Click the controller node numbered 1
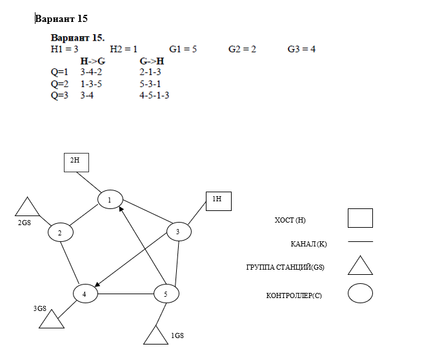tap(110, 200)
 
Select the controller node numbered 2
tap(60, 232)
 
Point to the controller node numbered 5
tap(166, 294)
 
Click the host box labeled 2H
tap(75, 163)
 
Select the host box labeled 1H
tap(217, 201)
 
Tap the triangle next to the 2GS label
tap(28, 208)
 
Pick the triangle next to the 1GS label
tap(155, 335)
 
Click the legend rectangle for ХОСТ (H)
tap(360, 219)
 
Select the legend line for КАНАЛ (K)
tap(360, 243)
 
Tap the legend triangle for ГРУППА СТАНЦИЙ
tap(360, 265)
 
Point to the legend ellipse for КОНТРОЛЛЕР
tap(360, 294)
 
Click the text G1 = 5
tap(183, 49)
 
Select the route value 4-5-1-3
tap(154, 95)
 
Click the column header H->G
tap(92, 61)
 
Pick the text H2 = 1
tap(124, 49)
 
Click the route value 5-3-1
tap(150, 84)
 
